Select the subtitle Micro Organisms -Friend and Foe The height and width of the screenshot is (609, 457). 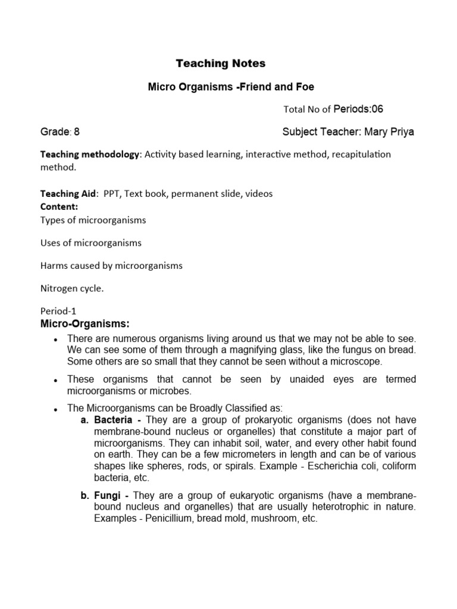click(x=231, y=87)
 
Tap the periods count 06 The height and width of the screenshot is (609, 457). click(x=384, y=109)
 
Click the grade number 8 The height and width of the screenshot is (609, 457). click(x=77, y=132)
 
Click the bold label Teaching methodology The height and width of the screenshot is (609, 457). click(x=89, y=155)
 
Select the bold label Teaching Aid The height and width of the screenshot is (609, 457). click(x=68, y=194)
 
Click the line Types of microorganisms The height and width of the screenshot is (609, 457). click(x=93, y=221)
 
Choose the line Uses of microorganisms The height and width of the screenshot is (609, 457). click(x=90, y=243)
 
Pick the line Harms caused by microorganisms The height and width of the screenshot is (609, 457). click(x=111, y=266)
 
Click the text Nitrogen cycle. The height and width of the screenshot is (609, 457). click(x=72, y=288)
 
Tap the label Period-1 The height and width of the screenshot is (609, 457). click(x=58, y=311)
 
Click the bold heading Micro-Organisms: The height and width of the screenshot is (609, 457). click(x=84, y=324)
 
